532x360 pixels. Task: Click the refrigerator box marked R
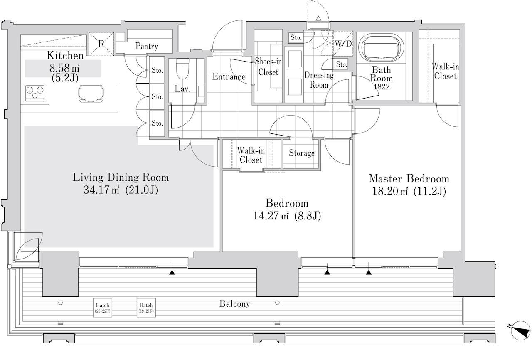[x=101, y=44]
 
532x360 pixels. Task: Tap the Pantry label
[x=147, y=46]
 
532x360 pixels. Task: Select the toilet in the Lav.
[x=182, y=69]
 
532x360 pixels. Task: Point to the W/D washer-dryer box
[x=343, y=43]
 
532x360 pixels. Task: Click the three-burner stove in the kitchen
[x=35, y=93]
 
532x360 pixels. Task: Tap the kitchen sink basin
[x=91, y=94]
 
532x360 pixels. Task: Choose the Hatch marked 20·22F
[x=102, y=308]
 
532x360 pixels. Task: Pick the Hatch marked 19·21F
[x=146, y=308]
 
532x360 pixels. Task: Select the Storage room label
[x=302, y=153]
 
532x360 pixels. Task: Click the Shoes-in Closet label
[x=268, y=67]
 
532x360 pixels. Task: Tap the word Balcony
[x=235, y=304]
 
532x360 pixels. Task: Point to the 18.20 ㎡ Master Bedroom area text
[x=409, y=191]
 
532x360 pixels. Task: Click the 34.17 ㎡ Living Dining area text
[x=121, y=190]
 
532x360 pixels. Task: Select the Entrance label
[x=229, y=76]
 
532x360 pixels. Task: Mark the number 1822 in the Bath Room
[x=382, y=87]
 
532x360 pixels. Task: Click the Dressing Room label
[x=319, y=80]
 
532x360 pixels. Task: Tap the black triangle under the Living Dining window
[x=172, y=273]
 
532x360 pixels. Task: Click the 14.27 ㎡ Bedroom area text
[x=287, y=216]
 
